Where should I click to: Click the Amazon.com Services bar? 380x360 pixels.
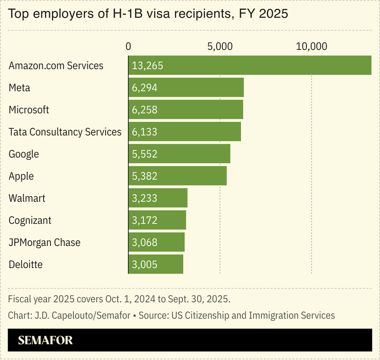pos(250,66)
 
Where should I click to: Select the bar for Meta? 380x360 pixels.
pos(186,88)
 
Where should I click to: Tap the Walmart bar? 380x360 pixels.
pos(158,198)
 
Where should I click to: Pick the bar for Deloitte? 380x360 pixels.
pos(156,264)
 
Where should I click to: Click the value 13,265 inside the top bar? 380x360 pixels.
pos(147,66)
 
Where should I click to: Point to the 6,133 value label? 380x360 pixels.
pos(144,132)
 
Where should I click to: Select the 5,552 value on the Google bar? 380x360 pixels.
pos(144,154)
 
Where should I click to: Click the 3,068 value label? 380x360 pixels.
pos(144,242)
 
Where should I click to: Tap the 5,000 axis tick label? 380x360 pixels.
pos(220,46)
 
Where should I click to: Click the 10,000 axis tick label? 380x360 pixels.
pos(311,46)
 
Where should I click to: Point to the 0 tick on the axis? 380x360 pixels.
pos(128,46)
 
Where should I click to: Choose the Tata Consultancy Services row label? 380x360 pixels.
pos(65,132)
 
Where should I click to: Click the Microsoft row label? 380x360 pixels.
pos(29,110)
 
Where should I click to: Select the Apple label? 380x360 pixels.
pos(21,176)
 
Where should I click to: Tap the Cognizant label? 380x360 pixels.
pos(30,220)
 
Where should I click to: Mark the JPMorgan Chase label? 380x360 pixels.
pos(45,242)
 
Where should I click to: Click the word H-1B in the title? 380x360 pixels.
pos(137,14)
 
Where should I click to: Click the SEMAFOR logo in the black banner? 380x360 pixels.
pos(45,340)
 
